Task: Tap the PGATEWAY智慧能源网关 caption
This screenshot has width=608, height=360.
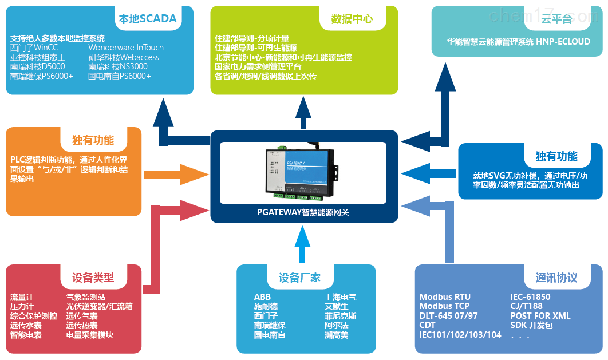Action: coord(303,212)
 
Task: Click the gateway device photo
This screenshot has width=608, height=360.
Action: coord(303,172)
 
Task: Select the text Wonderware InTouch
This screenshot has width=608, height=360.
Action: coord(126,48)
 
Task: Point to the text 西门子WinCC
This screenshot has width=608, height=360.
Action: coord(34,48)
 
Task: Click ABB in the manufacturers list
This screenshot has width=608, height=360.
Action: coord(262,297)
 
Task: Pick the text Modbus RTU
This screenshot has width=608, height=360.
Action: coord(445,297)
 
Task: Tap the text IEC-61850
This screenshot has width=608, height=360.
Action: coord(531,297)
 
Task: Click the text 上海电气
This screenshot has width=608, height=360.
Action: coord(341,297)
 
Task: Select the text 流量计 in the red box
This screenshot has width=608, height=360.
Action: coord(22,297)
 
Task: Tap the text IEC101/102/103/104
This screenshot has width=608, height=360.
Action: coord(460,335)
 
